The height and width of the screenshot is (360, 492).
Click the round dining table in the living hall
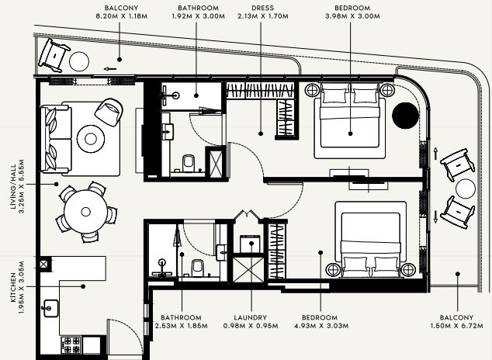click(x=85, y=212)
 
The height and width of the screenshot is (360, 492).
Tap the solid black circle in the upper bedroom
click(x=405, y=116)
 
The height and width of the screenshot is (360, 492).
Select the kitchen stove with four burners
click(x=71, y=345)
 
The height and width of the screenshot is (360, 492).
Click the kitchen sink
click(x=50, y=308)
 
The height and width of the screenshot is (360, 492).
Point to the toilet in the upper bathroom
click(x=189, y=163)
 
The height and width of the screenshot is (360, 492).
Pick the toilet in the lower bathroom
click(x=198, y=268)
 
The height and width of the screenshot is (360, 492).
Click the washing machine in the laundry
click(x=250, y=244)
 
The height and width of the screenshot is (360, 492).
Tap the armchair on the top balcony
click(x=54, y=55)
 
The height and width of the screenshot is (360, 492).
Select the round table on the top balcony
click(x=79, y=61)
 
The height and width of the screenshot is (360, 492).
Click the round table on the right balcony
click(x=466, y=189)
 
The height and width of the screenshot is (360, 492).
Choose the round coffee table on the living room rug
click(x=91, y=139)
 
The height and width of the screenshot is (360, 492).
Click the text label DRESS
click(x=262, y=8)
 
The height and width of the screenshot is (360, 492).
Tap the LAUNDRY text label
click(x=251, y=317)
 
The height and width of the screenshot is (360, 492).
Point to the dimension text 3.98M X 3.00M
click(x=352, y=16)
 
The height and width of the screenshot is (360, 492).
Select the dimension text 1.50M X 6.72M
click(x=456, y=326)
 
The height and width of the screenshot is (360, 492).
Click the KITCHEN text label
click(x=13, y=287)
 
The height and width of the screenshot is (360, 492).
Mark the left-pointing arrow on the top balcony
click(x=110, y=69)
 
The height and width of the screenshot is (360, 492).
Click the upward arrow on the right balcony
click(x=435, y=154)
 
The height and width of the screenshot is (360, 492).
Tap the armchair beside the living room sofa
click(x=109, y=112)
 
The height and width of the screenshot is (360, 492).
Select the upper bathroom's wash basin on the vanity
click(x=168, y=132)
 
